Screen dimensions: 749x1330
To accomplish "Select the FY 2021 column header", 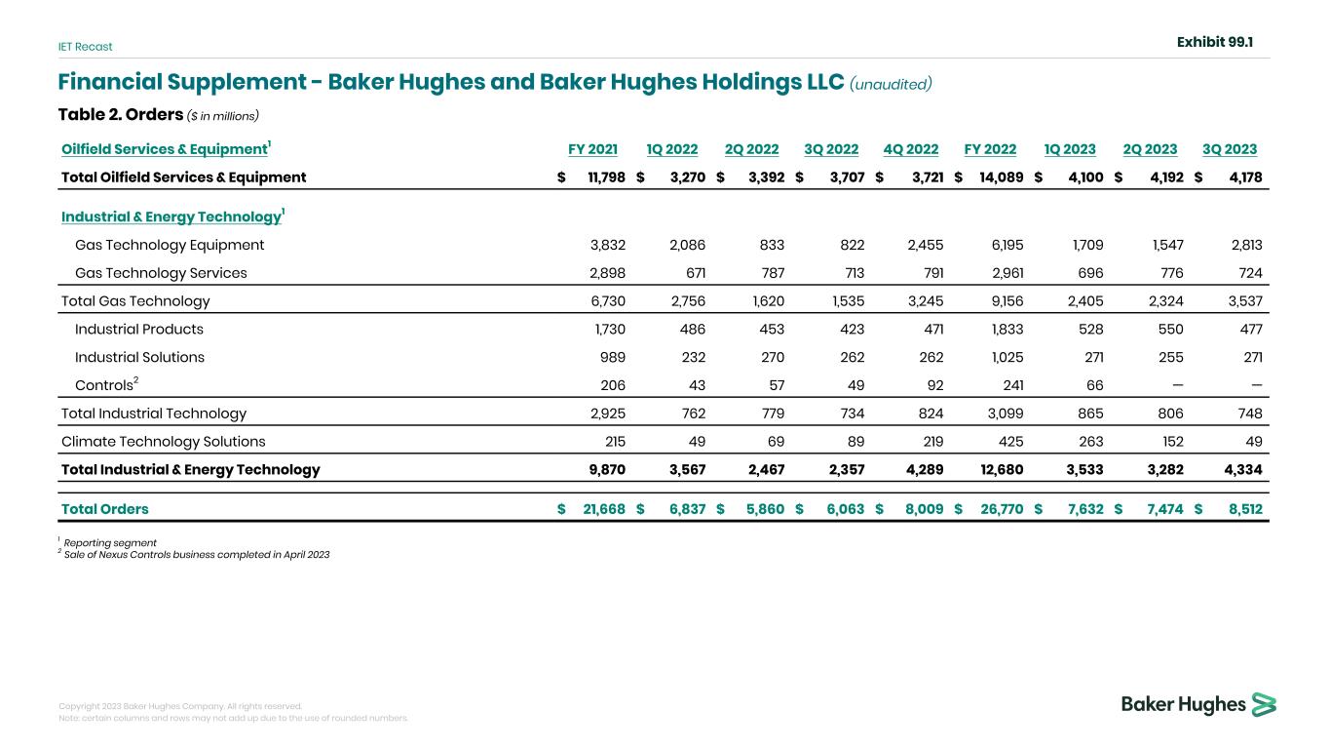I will coord(592,149).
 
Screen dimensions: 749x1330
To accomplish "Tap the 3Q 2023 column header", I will coord(1230,149).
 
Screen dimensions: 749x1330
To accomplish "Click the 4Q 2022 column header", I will coord(910,149).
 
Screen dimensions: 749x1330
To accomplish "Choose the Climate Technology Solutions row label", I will coord(163,441).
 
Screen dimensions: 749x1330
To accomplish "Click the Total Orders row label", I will coord(105,508).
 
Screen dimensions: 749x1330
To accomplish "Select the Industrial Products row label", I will coord(139,329).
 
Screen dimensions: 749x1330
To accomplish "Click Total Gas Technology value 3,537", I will coord(1241,301).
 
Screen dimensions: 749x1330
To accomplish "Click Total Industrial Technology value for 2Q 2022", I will coord(765,414).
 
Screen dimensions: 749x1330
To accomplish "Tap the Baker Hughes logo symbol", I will coord(1265,704).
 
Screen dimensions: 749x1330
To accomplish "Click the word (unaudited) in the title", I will coord(891,84).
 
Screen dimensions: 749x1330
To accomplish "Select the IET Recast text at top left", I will coord(85,47).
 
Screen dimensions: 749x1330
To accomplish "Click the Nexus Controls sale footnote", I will coord(197,554).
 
